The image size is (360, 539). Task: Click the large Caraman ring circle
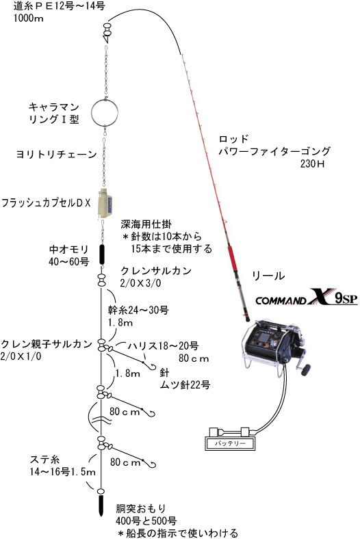pos(92,112)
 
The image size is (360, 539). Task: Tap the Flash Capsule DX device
pos(106,205)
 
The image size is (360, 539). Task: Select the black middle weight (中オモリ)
pos(102,254)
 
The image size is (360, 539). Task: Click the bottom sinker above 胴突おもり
pos(101,505)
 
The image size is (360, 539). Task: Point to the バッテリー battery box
pos(230,443)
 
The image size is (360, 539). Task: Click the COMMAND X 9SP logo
pos(307,298)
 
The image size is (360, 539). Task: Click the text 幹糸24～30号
pos(138,311)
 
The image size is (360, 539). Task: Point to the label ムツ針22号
pos(185,384)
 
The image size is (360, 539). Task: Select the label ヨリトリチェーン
pos(56,155)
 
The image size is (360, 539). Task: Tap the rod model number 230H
pos(312,163)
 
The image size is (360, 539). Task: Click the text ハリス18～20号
pos(164,345)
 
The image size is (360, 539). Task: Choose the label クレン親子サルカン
pos(47,344)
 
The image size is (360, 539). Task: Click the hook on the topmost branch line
pos(151,365)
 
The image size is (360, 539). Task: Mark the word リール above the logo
pos(268,276)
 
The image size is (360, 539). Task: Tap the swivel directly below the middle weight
pos(101,280)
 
